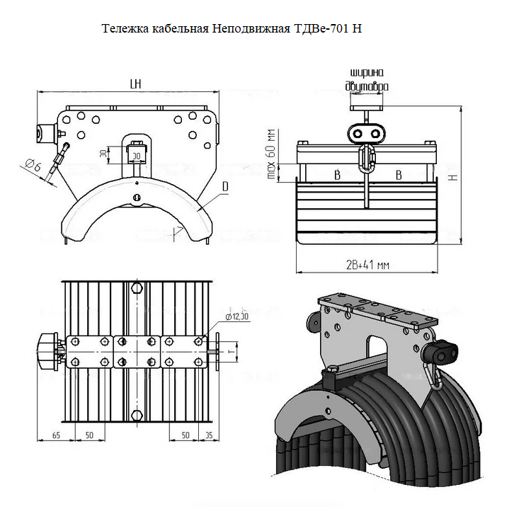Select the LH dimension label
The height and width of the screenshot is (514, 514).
coord(136,84)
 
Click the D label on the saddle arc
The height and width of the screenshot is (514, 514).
coord(224,186)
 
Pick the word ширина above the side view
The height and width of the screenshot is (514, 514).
coord(367,73)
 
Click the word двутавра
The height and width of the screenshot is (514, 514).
coord(367,86)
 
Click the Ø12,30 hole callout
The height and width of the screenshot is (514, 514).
coord(236,315)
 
